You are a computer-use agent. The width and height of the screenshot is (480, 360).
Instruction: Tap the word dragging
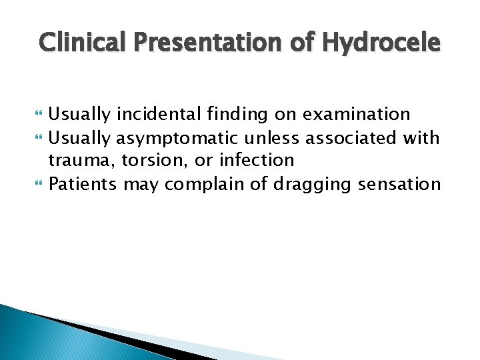307,183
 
